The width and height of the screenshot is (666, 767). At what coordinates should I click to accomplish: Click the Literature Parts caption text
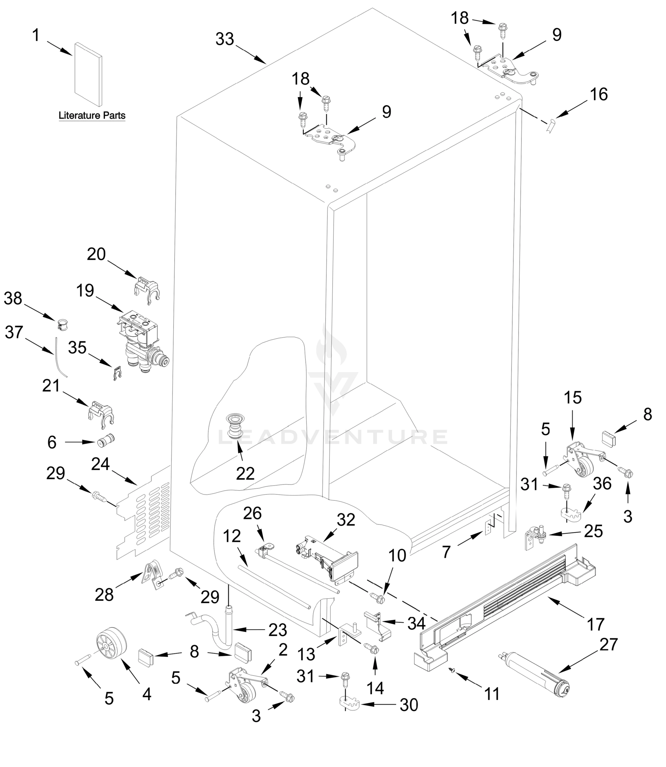pyautogui.click(x=92, y=115)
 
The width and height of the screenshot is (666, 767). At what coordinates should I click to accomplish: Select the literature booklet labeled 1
pyautogui.click(x=88, y=74)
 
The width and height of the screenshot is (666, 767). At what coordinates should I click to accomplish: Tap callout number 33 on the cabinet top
pyautogui.click(x=225, y=39)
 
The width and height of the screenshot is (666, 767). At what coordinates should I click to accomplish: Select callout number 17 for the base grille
pyautogui.click(x=595, y=624)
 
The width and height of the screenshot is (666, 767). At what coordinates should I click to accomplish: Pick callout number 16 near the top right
pyautogui.click(x=599, y=95)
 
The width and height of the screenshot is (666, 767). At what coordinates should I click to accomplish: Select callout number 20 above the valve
pyautogui.click(x=96, y=255)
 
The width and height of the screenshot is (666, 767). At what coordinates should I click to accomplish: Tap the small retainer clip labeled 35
pyautogui.click(x=117, y=373)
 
